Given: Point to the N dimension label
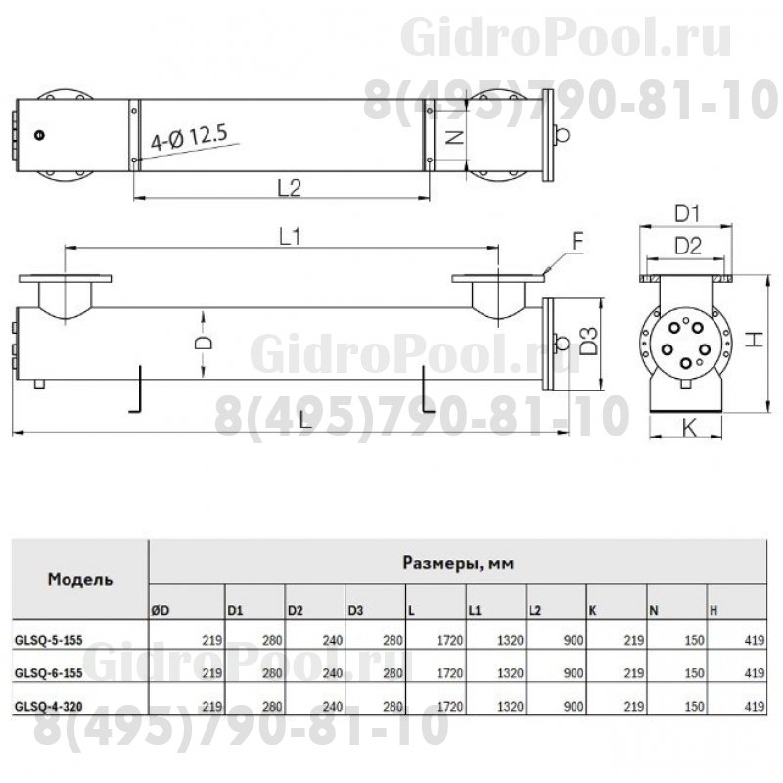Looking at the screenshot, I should coord(452,138).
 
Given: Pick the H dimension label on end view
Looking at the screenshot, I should coord(755,338).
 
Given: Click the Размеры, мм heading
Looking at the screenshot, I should coord(458,563).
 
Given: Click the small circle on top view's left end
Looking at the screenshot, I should coord(38,135).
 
